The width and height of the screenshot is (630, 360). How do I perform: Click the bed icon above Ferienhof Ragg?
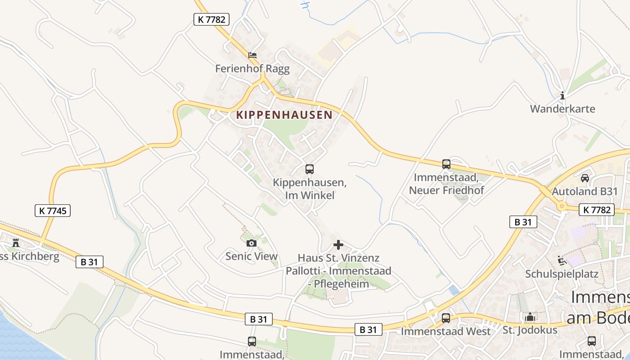pos(253,55)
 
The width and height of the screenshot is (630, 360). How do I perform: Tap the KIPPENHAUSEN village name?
pos(284,115)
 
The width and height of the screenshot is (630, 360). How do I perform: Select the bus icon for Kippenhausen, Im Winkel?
pos(310,169)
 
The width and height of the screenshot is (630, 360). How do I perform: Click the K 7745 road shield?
pos(53,210)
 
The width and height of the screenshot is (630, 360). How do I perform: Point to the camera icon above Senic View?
pos(252,243)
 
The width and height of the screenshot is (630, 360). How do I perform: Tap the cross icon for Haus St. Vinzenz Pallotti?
pos(338,245)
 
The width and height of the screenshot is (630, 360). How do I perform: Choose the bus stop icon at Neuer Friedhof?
pos(446,164)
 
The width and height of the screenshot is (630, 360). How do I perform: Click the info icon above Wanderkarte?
pos(562,95)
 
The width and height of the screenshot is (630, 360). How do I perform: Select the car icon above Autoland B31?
pos(585,178)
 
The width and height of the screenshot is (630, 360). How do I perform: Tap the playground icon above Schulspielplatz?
pos(561,260)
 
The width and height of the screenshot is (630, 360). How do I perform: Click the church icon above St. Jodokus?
pos(530,317)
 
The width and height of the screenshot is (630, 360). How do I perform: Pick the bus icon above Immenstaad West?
pos(446,318)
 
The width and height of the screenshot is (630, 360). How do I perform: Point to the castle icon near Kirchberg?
pos(16,243)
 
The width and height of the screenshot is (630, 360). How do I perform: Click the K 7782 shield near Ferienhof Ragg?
pos(211,19)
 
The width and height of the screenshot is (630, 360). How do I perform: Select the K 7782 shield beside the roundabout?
pos(597,209)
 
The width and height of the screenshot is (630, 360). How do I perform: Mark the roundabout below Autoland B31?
pos(562,207)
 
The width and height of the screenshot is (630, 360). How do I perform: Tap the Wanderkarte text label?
pos(562,109)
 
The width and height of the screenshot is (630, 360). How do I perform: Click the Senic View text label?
pos(252,256)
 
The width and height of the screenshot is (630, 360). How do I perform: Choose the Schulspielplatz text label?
pos(562,274)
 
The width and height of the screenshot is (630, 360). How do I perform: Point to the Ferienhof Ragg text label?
pos(252,69)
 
